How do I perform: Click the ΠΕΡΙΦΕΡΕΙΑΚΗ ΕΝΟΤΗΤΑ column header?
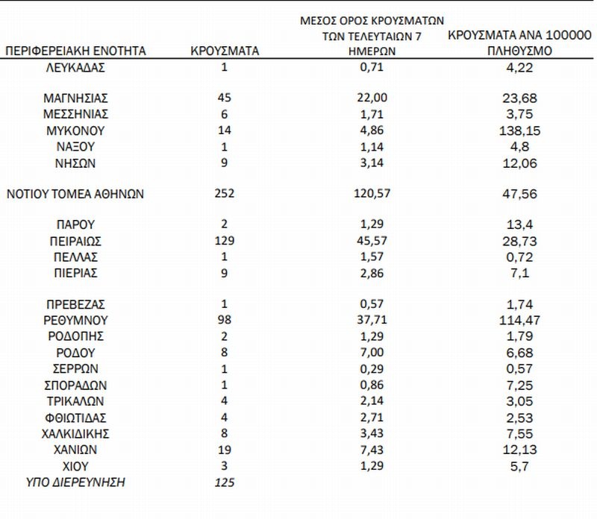[75, 51]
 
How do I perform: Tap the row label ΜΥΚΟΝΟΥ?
[75, 130]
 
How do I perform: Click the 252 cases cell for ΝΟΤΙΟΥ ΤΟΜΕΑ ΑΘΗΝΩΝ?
[223, 194]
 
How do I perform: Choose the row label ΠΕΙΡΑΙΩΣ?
[75, 241]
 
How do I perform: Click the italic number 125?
[223, 483]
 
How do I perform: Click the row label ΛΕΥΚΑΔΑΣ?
[75, 68]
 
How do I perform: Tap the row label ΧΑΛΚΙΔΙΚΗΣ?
[75, 433]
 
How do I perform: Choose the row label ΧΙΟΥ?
[75, 466]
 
